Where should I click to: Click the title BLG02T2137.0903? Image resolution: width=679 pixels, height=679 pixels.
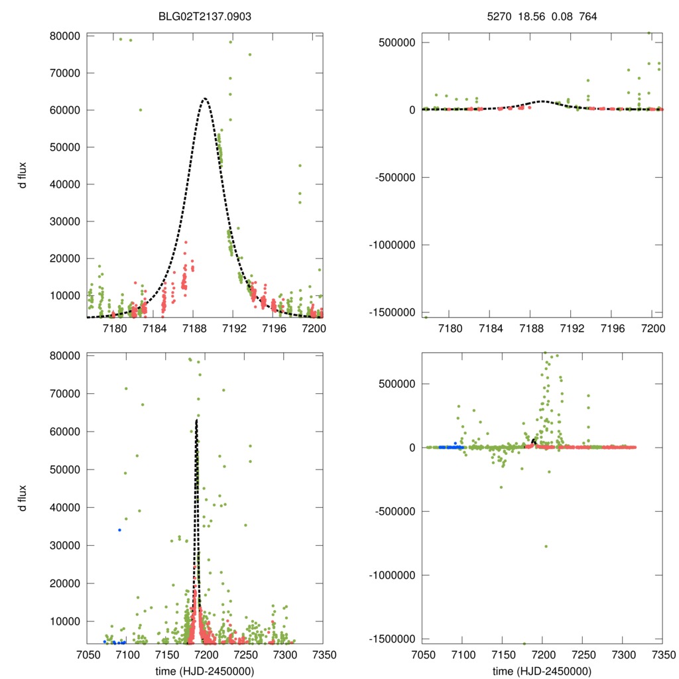point(204,17)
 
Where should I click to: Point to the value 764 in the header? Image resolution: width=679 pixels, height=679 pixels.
point(588,17)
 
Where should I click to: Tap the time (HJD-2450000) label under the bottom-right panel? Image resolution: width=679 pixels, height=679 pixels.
point(542,670)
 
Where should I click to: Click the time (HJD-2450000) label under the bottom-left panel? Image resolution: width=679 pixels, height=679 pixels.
point(204,670)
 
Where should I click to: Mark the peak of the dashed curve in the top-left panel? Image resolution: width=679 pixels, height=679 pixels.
point(205,98)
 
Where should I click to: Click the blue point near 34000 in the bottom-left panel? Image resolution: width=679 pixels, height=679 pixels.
point(119,530)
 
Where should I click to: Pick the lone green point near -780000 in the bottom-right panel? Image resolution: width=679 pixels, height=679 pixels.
point(546,546)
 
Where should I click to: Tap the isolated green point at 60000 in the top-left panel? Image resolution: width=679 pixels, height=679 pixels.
point(141,110)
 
